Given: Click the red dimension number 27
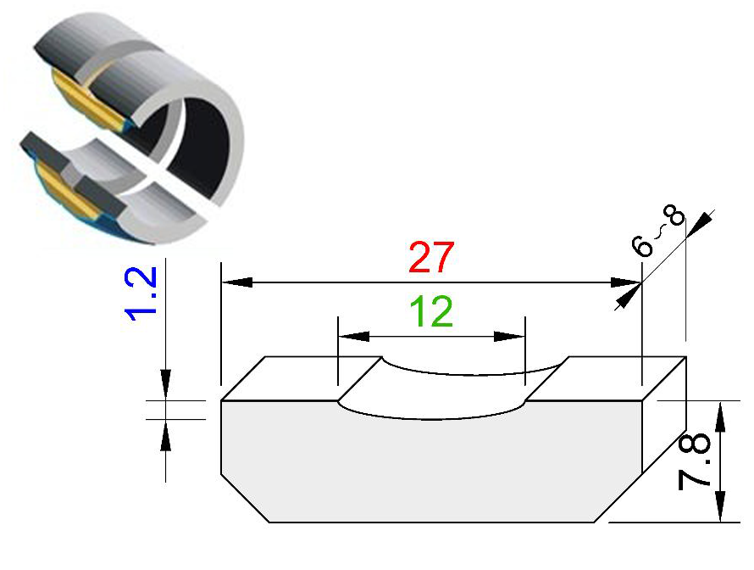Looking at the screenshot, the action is pos(431,257).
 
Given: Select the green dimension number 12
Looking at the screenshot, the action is pos(431,311).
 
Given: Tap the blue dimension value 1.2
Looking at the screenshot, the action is pos(141,293).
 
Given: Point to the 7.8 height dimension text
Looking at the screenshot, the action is pos(694,461).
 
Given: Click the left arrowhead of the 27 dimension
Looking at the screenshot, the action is pos(237,282).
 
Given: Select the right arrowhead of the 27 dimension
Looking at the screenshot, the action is pos(626,282).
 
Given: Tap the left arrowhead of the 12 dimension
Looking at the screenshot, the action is pos(354,336).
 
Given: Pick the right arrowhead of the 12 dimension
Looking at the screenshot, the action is pos(509,336).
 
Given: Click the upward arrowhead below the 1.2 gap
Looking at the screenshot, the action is pos(165,435).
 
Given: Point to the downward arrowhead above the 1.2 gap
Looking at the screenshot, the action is pos(165,384).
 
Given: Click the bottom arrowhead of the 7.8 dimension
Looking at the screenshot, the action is pos(720,506).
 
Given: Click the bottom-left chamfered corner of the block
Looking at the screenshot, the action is pos(245,498).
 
